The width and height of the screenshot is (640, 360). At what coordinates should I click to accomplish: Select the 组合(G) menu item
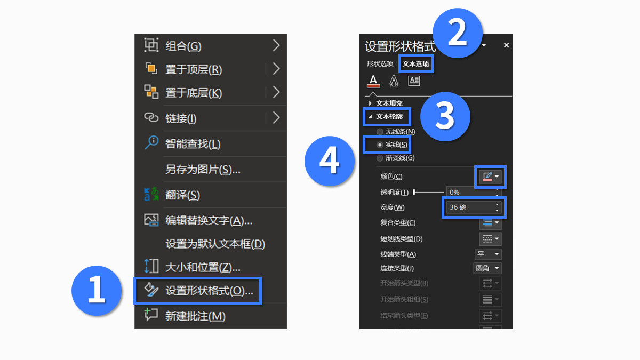point(183,46)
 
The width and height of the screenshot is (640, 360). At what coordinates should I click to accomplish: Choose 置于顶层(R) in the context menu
point(193,69)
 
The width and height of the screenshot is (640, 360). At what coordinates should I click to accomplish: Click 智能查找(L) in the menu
point(193,144)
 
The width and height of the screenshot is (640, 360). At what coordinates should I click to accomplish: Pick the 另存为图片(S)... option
point(203,170)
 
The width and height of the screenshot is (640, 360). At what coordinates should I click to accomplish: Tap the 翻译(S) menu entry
point(182,195)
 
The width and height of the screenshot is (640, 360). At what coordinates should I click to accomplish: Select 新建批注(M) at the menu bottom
point(195,316)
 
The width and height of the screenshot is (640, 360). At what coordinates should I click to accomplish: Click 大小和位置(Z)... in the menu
point(203,267)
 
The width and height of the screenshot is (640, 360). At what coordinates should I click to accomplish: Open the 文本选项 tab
point(416,64)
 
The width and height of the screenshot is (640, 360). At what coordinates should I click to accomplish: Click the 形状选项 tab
point(380,64)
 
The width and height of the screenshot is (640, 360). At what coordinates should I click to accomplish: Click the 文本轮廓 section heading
point(389,116)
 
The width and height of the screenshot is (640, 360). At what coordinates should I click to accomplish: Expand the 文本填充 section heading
point(389,103)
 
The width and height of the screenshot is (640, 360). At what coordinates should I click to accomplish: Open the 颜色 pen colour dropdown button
point(490,177)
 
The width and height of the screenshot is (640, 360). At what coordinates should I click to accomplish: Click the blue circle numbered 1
point(97,290)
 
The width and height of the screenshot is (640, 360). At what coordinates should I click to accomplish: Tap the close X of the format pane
point(507,46)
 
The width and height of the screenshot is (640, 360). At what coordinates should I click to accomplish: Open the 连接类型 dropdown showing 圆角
point(487,268)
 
